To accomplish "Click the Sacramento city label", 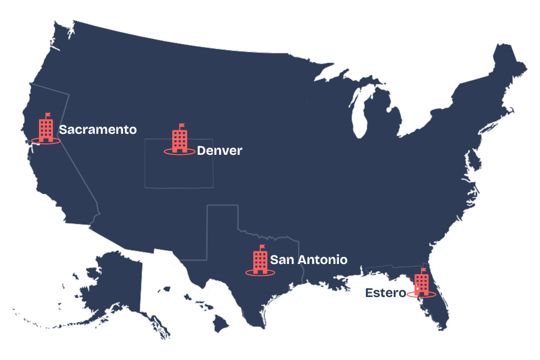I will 98,130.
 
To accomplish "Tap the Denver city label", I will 220,151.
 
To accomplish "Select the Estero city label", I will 385,293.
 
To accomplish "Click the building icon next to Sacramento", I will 46,130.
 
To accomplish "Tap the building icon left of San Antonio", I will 260,262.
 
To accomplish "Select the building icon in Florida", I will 422,282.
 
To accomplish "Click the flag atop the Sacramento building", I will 49,115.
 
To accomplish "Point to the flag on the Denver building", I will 182,126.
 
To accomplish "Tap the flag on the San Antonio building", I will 263,247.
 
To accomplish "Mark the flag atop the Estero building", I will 424,269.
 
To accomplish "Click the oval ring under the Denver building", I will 179,152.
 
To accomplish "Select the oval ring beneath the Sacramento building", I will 46,142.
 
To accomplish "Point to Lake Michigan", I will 360,114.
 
